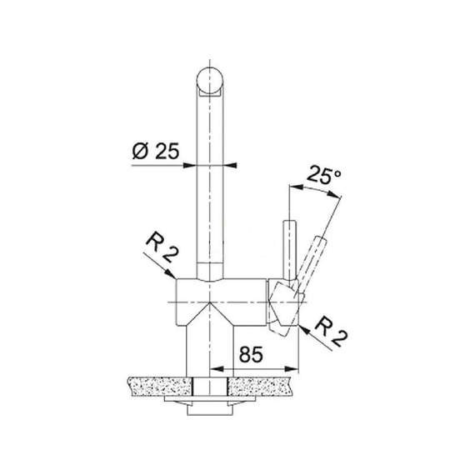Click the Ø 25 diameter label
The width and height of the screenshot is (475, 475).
coord(156,152)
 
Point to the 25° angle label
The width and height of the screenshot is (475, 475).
coord(324,176)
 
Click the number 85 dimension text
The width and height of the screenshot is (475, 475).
coord(249,353)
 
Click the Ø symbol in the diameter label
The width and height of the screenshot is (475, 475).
coord(139,152)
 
